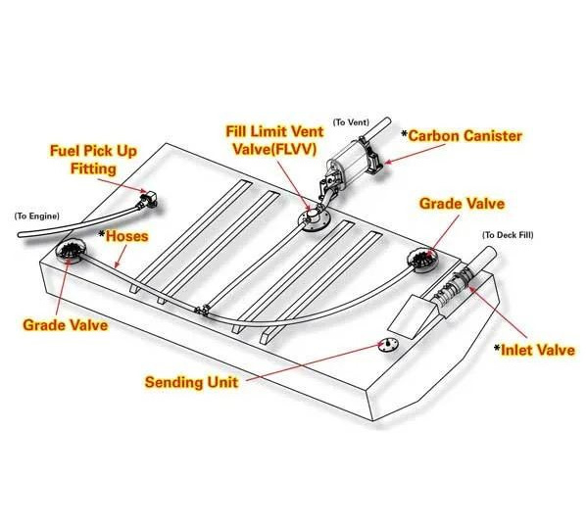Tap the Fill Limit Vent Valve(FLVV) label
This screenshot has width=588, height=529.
click(x=274, y=140)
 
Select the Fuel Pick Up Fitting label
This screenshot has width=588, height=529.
click(x=93, y=160)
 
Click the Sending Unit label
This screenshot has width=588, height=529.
click(x=191, y=382)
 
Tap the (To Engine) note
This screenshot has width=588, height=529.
click(x=37, y=216)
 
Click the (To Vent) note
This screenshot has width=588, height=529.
click(x=351, y=122)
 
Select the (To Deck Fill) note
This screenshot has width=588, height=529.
click(x=508, y=235)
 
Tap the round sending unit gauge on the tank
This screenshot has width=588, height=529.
click(x=388, y=345)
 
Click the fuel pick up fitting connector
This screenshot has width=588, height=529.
click(x=147, y=200)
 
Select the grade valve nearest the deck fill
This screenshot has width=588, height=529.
click(x=422, y=260)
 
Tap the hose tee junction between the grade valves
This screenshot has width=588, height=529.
click(x=202, y=310)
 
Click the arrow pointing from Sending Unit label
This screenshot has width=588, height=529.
click(x=314, y=361)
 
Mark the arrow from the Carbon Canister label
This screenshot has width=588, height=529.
click(x=416, y=154)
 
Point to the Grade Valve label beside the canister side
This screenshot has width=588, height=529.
click(x=462, y=204)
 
